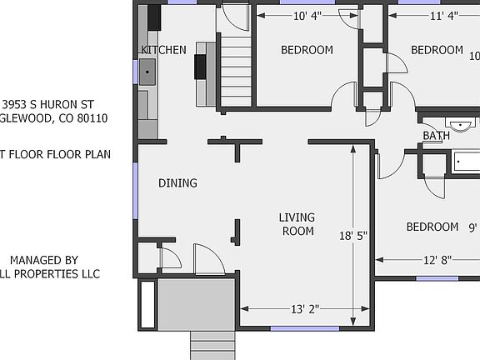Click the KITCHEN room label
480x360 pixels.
(163, 50)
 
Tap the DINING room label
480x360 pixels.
(177, 183)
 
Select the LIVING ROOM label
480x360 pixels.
(297, 224)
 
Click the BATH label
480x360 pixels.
(436, 136)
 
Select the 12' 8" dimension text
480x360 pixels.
(437, 260)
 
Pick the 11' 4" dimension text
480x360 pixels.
(444, 15)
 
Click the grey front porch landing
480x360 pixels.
(197, 304)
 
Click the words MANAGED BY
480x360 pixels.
(43, 260)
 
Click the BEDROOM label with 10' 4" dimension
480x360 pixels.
(307, 50)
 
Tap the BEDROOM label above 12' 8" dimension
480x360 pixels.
(432, 227)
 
